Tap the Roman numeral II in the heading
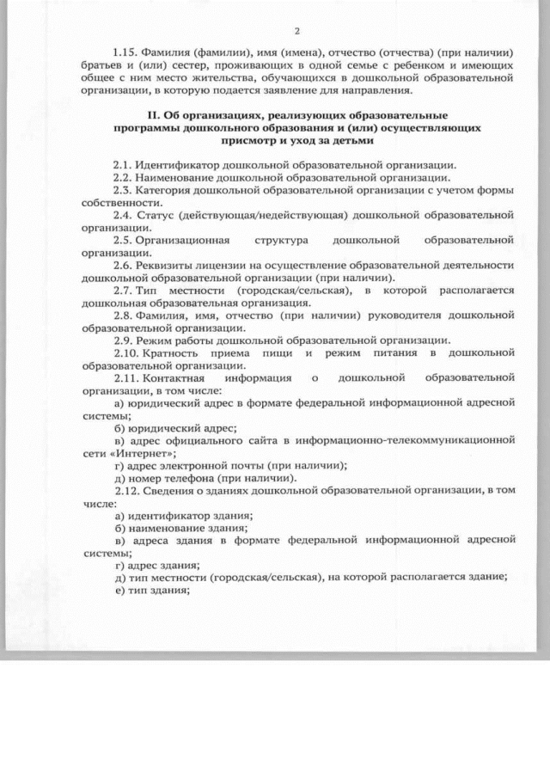(x=154, y=113)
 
